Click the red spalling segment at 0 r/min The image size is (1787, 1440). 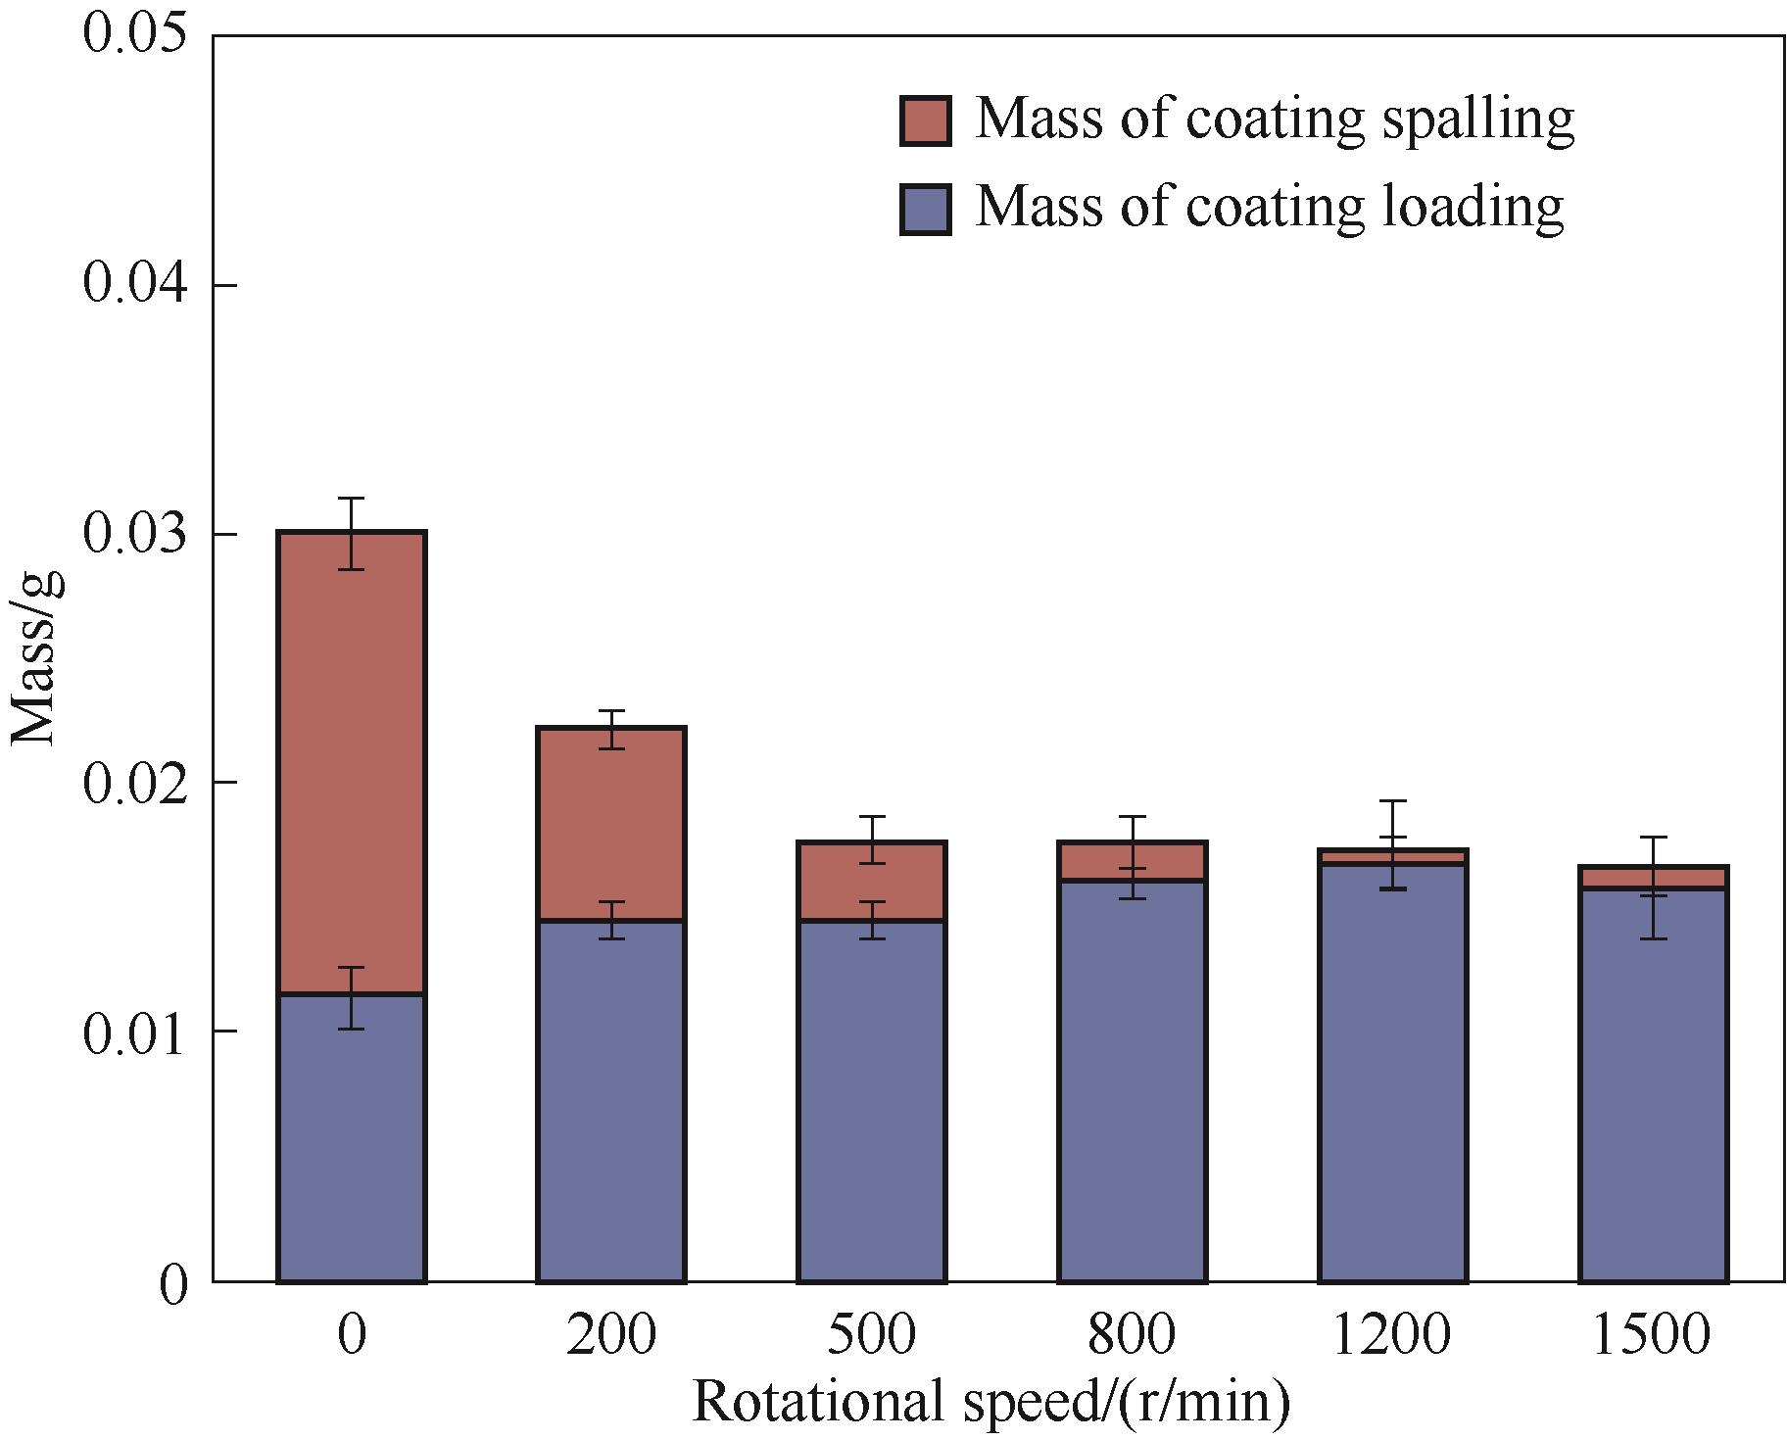pos(351,764)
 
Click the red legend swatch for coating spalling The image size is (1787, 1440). pos(925,121)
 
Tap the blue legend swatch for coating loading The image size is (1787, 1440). pos(925,210)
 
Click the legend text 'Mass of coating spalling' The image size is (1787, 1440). pos(1274,121)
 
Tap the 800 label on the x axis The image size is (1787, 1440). pos(1133,1334)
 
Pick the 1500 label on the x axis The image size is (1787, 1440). pos(1654,1334)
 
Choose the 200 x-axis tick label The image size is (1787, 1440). pos(611,1334)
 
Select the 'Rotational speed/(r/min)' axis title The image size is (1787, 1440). pos(991,1401)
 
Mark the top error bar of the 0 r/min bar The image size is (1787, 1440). pos(351,533)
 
